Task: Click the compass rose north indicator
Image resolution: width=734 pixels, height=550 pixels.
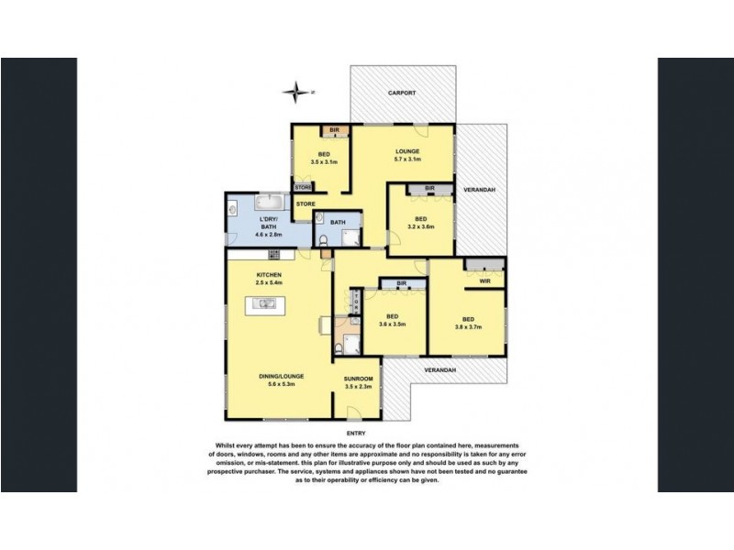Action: click(x=296, y=91)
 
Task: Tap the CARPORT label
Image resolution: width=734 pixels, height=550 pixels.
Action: click(x=402, y=93)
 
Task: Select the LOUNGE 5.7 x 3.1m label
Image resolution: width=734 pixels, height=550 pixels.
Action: click(x=406, y=156)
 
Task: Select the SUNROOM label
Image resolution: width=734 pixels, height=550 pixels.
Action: click(x=358, y=382)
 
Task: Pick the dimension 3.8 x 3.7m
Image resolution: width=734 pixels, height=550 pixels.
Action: click(x=468, y=324)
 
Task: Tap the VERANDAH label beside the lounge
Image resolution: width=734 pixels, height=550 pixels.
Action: click(x=479, y=189)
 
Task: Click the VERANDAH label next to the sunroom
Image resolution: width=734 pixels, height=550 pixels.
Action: click(x=441, y=369)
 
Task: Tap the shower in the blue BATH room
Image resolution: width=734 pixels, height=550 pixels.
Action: click(x=350, y=237)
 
